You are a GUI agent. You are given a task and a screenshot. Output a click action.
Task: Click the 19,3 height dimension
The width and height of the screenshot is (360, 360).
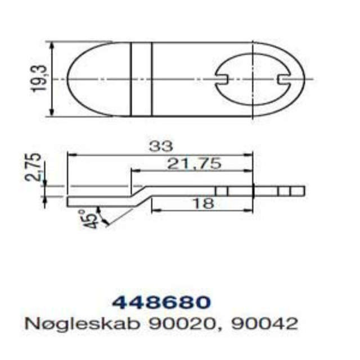pos(39,79)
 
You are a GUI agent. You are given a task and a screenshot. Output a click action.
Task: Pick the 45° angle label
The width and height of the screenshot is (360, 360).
pos(88,218)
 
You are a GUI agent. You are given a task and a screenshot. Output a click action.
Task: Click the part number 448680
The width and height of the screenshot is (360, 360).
pos(161,303)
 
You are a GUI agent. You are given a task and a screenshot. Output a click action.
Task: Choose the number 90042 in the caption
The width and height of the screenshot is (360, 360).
pos(265,324)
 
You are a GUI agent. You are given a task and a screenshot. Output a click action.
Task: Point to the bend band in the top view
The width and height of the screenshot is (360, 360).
pos(141,79)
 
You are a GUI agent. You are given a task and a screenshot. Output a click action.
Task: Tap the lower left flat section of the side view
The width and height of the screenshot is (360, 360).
pos(96,200)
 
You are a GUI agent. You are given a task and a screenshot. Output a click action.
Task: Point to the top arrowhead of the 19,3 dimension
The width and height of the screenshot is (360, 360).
pos(52,45)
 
